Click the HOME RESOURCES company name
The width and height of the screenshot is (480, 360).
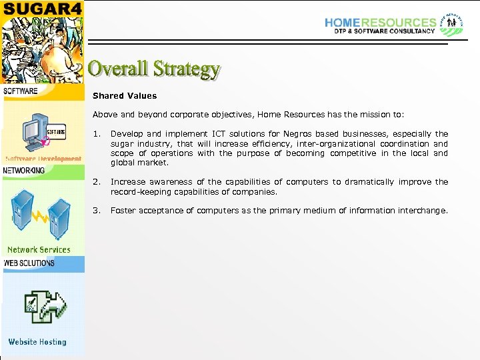tap(380, 22)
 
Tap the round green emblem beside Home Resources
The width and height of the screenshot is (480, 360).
tap(451, 24)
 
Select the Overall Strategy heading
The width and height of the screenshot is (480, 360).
tap(154, 69)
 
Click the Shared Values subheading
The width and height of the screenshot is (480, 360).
tap(125, 96)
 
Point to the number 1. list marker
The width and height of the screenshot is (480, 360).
tap(97, 134)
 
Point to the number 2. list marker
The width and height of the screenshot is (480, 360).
tap(97, 182)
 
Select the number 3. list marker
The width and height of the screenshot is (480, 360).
tap(97, 211)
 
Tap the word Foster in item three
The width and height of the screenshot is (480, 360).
tap(123, 211)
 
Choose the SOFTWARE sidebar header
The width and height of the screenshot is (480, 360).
tap(21, 91)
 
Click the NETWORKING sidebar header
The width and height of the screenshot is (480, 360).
tap(24, 171)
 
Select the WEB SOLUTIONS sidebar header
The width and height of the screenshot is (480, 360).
tap(29, 263)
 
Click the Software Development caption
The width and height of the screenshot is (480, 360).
tap(43, 159)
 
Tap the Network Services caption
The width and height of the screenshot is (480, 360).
tap(39, 250)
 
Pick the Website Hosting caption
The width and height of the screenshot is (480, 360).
tap(37, 342)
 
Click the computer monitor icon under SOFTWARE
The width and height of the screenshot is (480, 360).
tap(33, 129)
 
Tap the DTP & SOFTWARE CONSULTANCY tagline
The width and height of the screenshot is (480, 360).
tap(380, 31)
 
